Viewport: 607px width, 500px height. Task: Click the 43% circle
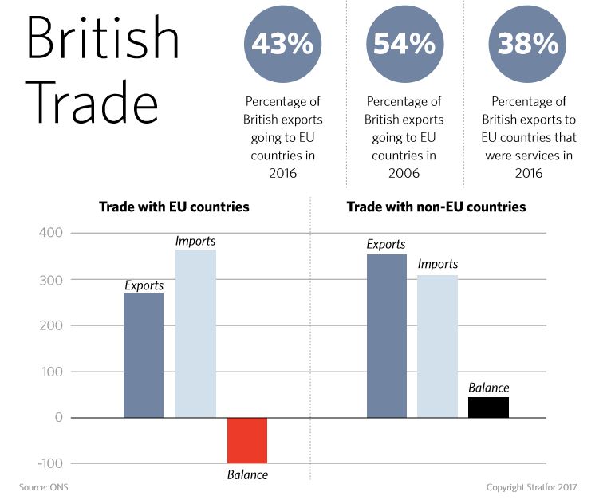(x=283, y=44)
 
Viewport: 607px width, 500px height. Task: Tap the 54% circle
(x=404, y=44)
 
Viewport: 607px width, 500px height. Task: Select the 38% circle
(x=528, y=44)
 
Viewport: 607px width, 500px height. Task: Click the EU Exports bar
(x=144, y=356)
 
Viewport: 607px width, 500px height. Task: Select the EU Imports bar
(x=195, y=333)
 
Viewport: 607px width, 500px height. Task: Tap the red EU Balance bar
(x=247, y=440)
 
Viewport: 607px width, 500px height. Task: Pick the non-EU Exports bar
(x=387, y=336)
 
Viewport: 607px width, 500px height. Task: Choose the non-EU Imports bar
(x=438, y=346)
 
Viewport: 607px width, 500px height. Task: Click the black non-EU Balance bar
(x=488, y=407)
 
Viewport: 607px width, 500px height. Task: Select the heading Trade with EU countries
(x=174, y=207)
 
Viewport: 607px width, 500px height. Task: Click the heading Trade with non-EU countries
(x=436, y=207)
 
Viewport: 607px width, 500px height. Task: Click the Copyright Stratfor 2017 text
(x=531, y=486)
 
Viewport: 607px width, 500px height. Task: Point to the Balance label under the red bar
(x=247, y=475)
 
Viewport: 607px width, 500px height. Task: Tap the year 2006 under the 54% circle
(x=404, y=173)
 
